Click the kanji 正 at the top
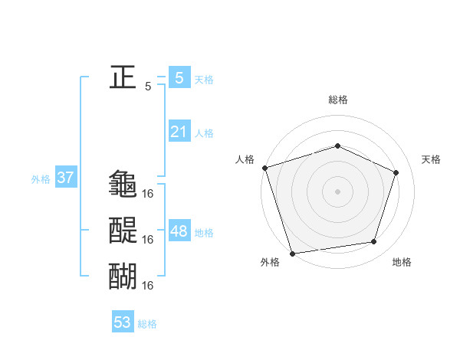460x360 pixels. pos(123,77)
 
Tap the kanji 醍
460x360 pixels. pos(123,230)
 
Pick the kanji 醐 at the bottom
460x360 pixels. pos(123,276)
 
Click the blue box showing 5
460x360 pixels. pos(179,77)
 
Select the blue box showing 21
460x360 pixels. pos(179,132)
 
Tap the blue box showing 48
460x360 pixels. pos(179,231)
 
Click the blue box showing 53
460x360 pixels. pos(123,322)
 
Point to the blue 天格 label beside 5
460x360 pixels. pos(204,79)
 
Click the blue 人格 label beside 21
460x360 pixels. pos(204,133)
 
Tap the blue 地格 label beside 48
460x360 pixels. pos(204,233)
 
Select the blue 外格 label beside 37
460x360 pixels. pos(41,180)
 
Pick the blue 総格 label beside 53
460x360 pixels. pos(147,324)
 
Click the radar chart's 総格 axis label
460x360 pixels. pos(337,100)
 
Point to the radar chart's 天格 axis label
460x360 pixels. pos(431,159)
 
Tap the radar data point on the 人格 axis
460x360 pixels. pos(264,168)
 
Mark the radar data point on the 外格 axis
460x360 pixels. pos(293,253)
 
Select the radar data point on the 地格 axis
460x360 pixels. pos(374,242)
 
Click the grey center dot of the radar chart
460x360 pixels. pos(337,191)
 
